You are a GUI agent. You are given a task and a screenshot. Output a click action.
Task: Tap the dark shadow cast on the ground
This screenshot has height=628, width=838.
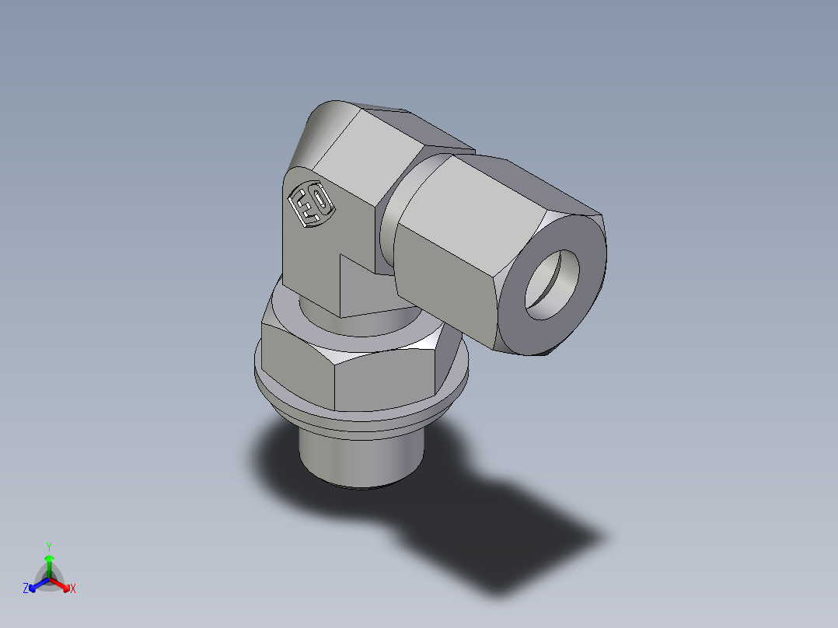click(x=482, y=529)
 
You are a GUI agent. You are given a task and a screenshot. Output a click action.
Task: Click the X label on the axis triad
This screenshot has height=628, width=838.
click(x=73, y=589)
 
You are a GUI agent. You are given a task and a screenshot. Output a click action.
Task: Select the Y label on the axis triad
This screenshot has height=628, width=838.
click(x=49, y=546)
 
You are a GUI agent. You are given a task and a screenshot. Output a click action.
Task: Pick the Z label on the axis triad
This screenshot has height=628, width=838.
click(x=26, y=589)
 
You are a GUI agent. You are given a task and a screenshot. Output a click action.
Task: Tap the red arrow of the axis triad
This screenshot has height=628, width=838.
click(x=61, y=584)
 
